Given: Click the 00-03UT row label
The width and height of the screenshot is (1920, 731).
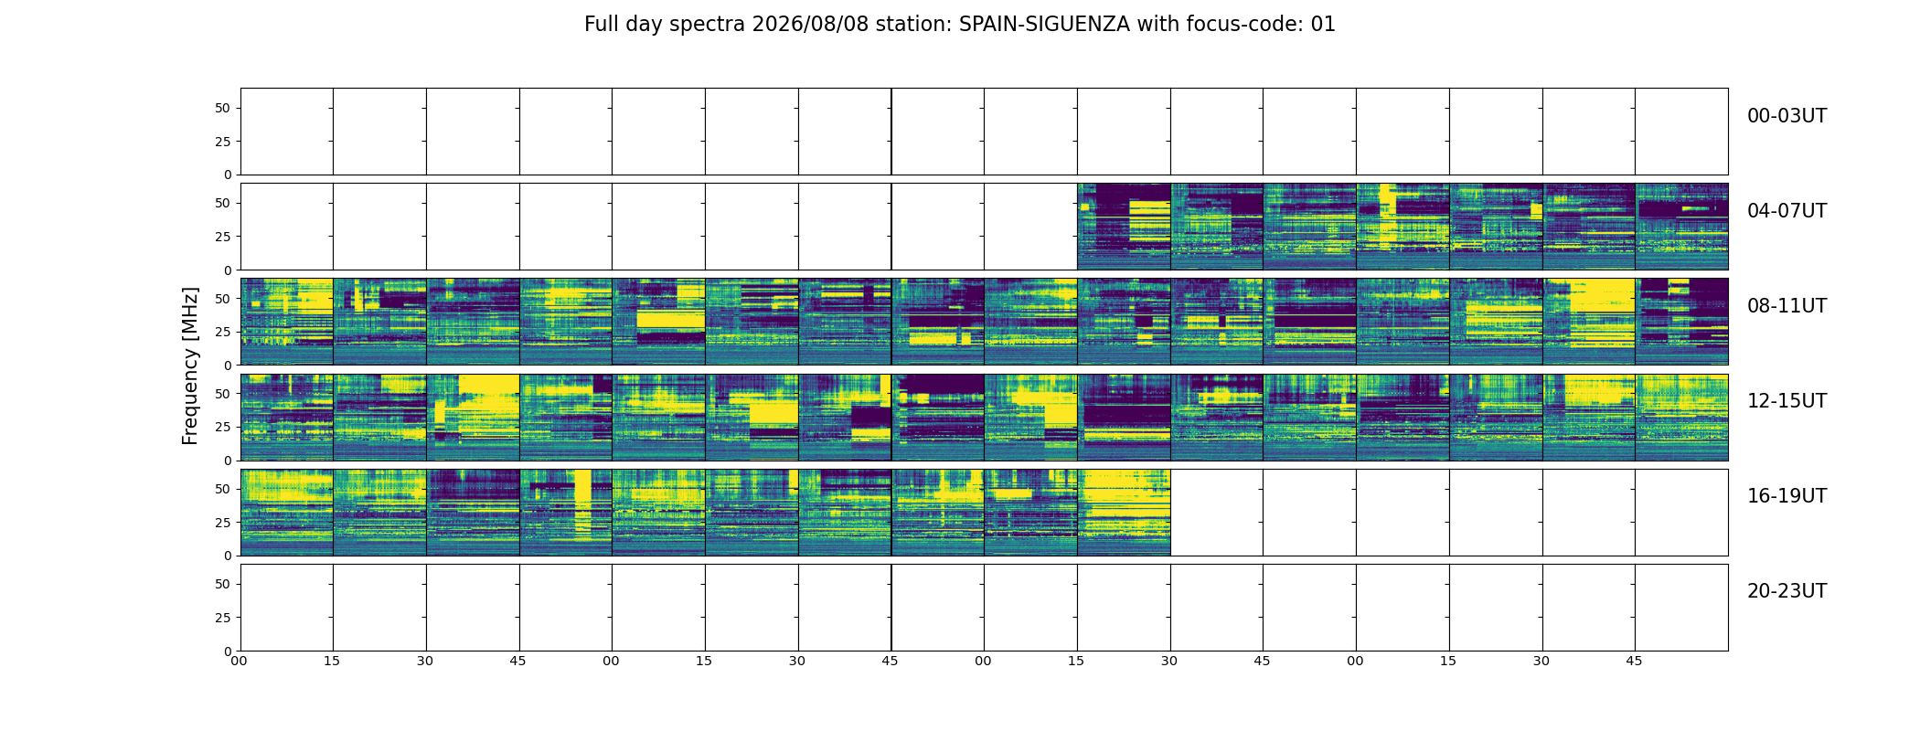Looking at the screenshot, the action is tap(1787, 116).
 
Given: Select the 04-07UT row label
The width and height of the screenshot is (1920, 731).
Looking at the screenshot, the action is tap(1787, 211).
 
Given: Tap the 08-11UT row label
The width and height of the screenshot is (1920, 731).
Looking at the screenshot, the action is tap(1787, 306).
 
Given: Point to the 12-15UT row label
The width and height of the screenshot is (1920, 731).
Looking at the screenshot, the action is tap(1787, 401).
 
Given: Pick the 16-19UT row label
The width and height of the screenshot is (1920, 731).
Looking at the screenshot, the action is tap(1787, 496).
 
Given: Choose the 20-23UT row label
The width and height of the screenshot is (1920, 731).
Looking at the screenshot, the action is tap(1787, 591).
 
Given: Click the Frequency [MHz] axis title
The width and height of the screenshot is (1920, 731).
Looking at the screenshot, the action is tap(190, 365).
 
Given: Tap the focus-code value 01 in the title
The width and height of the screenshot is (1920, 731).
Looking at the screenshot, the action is tap(1323, 25).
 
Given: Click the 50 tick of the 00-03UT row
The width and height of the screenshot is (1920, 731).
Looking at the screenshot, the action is tap(222, 108).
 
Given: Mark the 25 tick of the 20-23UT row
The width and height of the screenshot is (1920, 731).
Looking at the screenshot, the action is tap(222, 618).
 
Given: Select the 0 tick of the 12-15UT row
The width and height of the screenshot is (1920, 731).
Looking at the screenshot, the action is tap(227, 461).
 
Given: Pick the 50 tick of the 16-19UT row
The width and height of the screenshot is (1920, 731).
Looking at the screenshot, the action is tap(222, 489).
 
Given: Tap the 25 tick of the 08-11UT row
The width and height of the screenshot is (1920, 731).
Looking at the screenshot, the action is tap(222, 332).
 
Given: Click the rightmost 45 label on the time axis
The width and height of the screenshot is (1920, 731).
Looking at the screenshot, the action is tap(1634, 661).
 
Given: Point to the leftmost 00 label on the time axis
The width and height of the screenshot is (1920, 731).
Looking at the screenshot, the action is tap(239, 661).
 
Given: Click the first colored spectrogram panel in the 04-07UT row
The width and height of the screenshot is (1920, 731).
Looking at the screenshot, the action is tap(1124, 227).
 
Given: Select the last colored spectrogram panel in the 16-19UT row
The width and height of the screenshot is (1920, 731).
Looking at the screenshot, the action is tap(1124, 513).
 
